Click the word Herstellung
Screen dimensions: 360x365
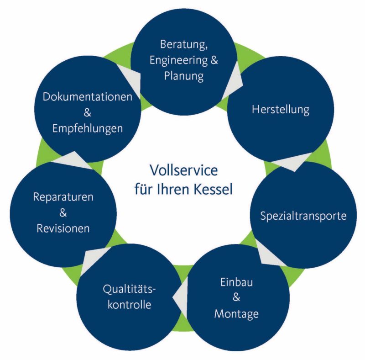[281, 110]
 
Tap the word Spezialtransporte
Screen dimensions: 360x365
[303, 216]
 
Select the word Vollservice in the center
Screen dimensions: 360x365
[183, 171]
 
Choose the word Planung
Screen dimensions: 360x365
[183, 76]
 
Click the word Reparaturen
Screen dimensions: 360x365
[63, 197]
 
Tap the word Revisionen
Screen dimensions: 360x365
[63, 228]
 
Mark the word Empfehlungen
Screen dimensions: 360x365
[88, 128]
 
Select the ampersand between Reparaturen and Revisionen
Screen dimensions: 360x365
[63, 213]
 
